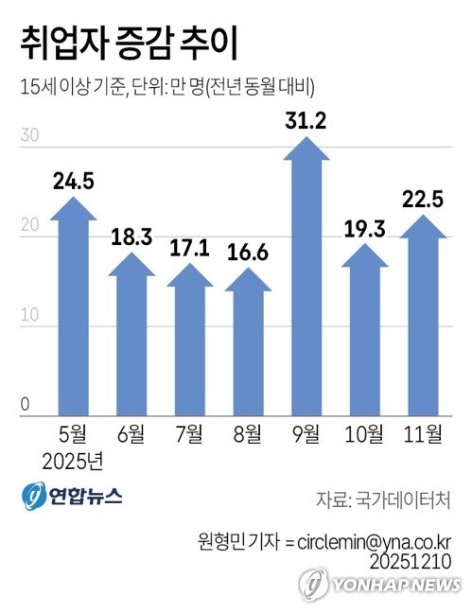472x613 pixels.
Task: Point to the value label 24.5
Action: pos(73,182)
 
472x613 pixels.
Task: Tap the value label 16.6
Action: pos(248,253)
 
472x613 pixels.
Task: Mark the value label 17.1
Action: pos(189,249)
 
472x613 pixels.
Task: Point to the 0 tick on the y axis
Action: pos(26,407)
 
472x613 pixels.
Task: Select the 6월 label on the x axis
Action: pos(131,436)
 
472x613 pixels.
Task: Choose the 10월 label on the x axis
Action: pos(364,436)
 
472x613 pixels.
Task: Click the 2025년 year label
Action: pos(73,463)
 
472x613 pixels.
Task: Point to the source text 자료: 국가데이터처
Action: pos(382,499)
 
